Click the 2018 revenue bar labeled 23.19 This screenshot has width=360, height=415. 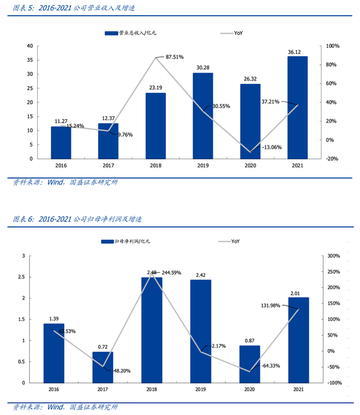point(156,125)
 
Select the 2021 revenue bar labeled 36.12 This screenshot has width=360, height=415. point(297,107)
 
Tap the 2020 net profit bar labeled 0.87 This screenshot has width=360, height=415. point(250,364)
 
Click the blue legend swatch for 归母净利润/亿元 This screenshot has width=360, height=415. point(107,241)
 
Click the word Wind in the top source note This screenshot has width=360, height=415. point(56,182)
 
